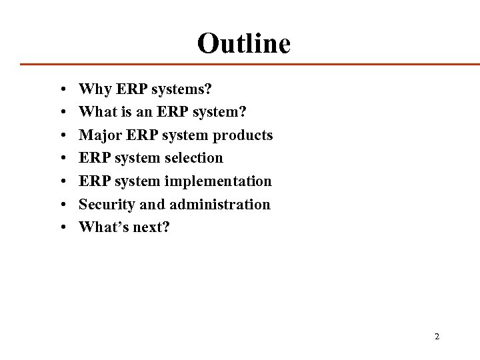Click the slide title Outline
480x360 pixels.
coord(244,43)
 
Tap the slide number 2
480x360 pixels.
coord(437,337)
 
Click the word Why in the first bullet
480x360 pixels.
coord(93,89)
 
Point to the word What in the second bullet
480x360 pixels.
coord(96,112)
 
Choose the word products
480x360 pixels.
coord(241,135)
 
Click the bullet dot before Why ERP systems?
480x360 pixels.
coord(61,89)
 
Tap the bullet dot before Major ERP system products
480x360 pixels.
coord(61,135)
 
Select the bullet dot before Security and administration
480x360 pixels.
coord(61,205)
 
